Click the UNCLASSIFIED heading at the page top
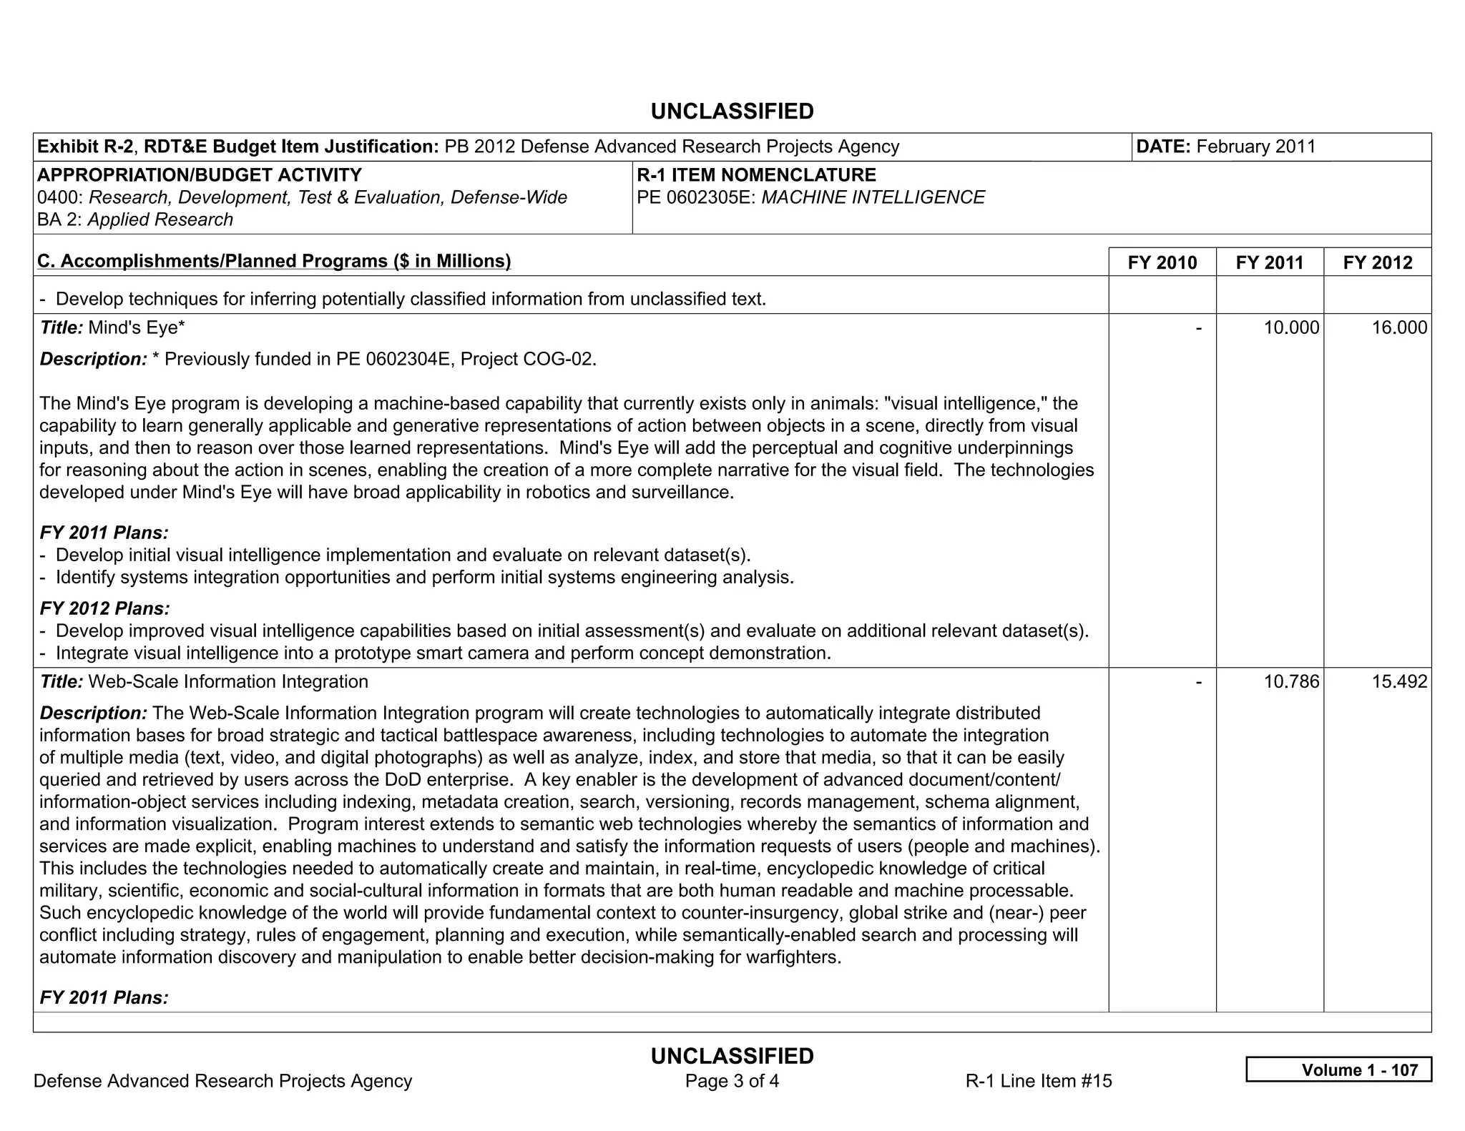click(732, 112)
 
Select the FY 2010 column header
click(1162, 262)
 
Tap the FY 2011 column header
click(1269, 262)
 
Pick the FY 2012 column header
click(1377, 262)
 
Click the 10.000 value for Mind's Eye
click(1291, 328)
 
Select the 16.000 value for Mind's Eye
click(1398, 328)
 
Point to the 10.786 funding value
click(1291, 682)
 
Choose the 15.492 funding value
click(1398, 682)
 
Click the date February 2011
click(1255, 147)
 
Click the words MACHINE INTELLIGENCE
click(873, 198)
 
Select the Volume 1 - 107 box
click(1338, 1070)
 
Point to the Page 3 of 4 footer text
click(732, 1081)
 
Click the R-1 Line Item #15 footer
click(1038, 1081)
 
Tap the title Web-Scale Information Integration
click(227, 682)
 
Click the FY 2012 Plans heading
click(104, 608)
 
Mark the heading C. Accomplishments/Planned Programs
click(274, 262)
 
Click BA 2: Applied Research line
click(135, 220)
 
